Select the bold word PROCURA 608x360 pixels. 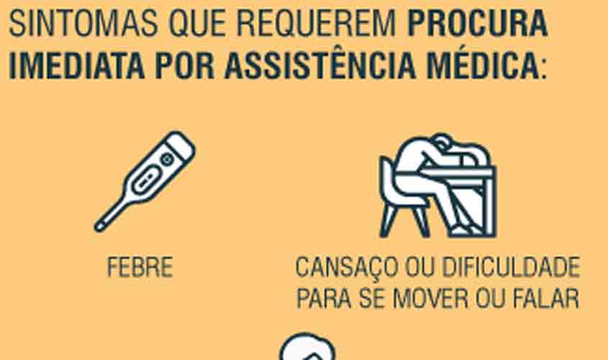coord(478,24)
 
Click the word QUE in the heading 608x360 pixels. coord(196,24)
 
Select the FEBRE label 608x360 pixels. coord(140,268)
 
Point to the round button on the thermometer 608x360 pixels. coord(168,158)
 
